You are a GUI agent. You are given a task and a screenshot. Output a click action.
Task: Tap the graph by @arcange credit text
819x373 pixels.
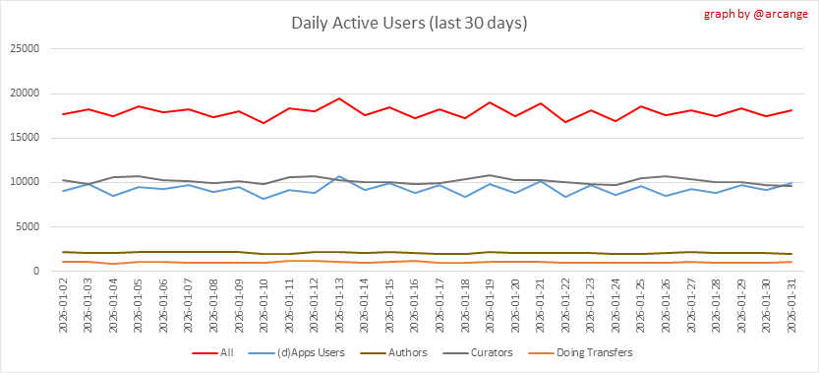click(x=757, y=14)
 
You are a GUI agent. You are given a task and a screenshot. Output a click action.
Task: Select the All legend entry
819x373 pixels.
click(x=213, y=352)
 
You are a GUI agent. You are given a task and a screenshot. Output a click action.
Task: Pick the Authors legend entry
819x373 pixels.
click(x=394, y=352)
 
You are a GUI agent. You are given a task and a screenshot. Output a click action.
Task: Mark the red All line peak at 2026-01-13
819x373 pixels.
click(x=339, y=98)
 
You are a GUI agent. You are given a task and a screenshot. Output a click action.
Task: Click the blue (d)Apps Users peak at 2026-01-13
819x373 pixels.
click(x=339, y=176)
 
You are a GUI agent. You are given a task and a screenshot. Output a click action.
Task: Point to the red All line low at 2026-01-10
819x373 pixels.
click(x=263, y=123)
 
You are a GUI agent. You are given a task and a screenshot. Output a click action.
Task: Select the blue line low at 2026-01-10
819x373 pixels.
click(x=263, y=199)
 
